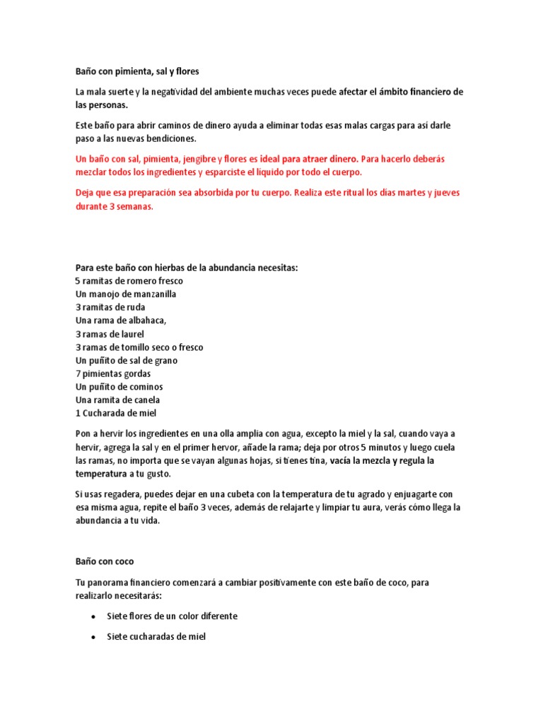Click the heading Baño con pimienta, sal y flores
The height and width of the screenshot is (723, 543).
(139, 71)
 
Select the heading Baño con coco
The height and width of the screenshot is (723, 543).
(104, 561)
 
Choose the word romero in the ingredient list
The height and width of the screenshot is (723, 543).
(129, 281)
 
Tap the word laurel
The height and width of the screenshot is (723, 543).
(131, 334)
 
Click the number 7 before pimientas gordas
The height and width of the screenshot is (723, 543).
(78, 374)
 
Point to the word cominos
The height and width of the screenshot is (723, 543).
(144, 387)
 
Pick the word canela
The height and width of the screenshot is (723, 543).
(144, 400)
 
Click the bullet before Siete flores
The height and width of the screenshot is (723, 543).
(95, 616)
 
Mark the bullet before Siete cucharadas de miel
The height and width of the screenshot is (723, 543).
(95, 637)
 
